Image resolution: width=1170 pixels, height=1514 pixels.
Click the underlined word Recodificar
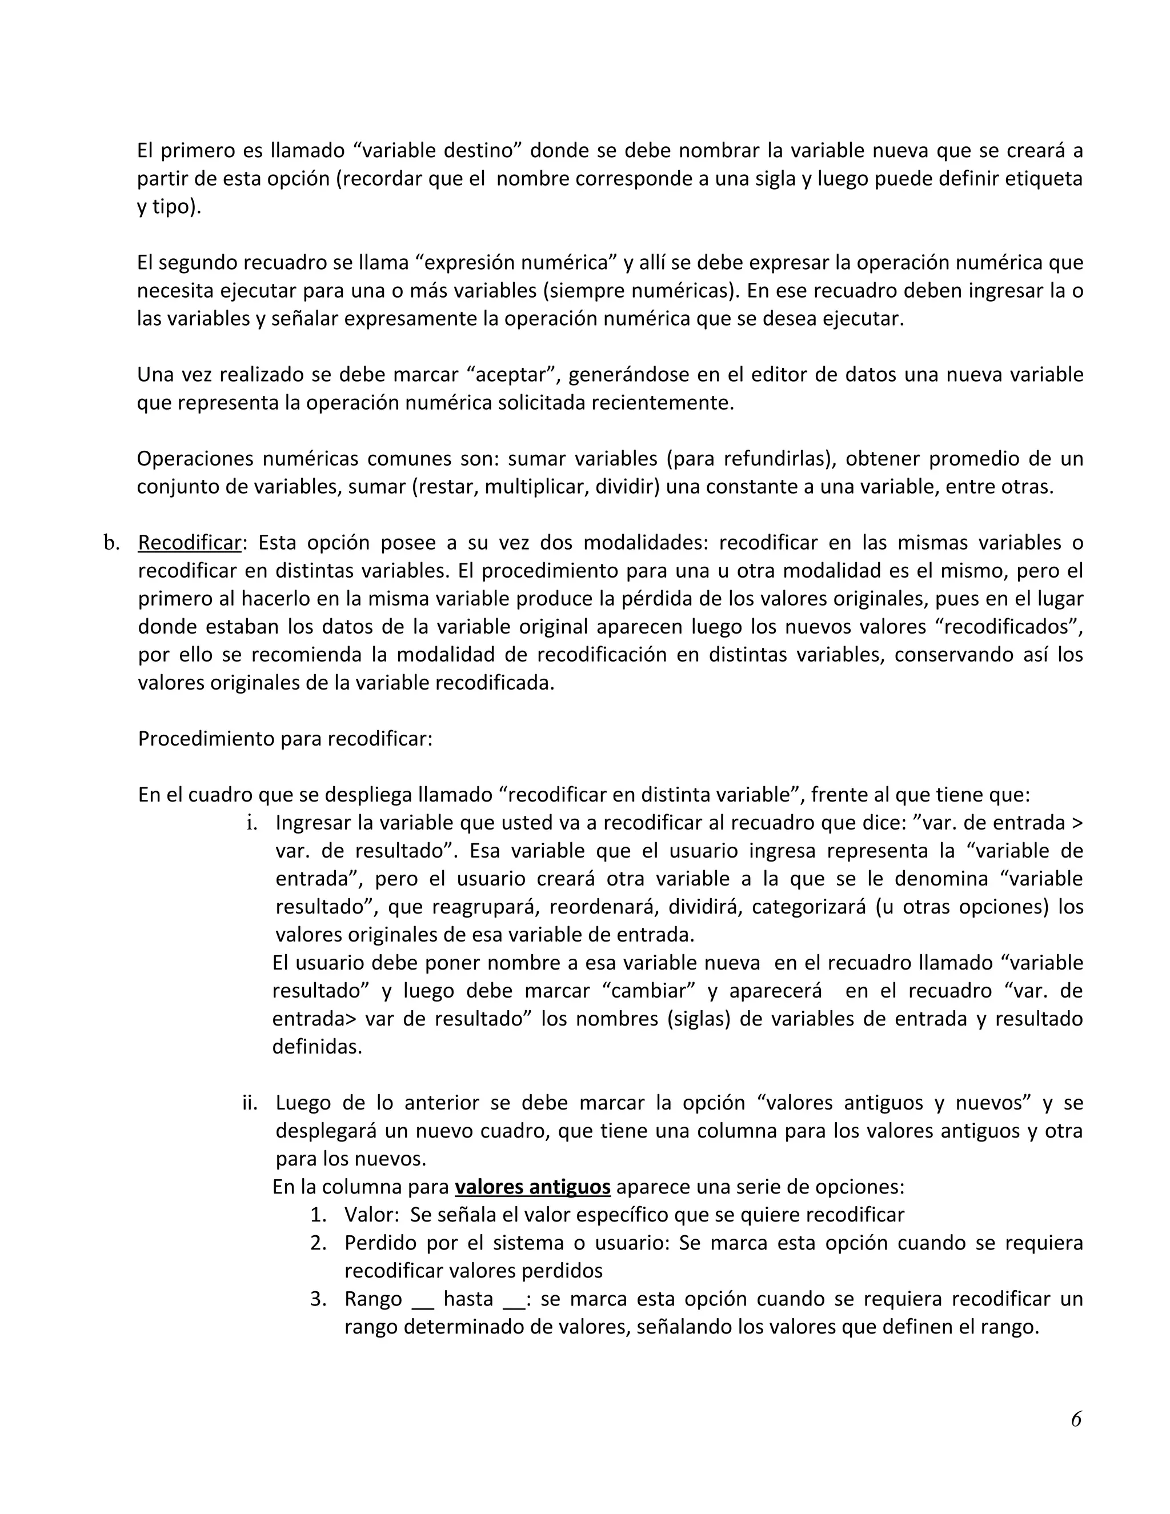(189, 543)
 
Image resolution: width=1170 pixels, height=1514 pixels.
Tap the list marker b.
(111, 543)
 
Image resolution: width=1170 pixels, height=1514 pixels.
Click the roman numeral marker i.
(253, 823)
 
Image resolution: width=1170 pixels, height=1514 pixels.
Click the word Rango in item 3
(373, 1299)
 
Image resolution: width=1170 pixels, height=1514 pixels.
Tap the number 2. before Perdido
(318, 1243)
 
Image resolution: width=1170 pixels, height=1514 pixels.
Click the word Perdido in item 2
(380, 1243)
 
